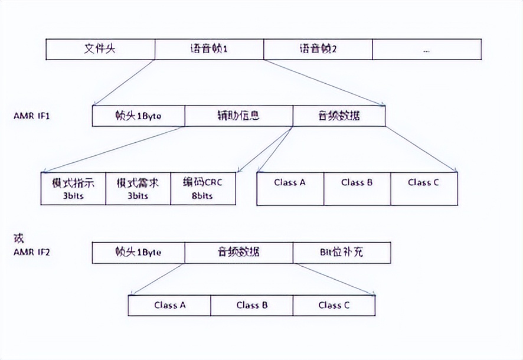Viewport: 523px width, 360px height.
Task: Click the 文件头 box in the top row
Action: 100,49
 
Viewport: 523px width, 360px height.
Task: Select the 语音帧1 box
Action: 209,49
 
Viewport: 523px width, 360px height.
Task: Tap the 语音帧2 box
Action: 318,49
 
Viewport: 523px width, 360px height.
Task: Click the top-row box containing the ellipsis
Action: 427,49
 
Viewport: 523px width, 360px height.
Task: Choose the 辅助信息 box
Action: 238,116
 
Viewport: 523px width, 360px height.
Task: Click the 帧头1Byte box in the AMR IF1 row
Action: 138,116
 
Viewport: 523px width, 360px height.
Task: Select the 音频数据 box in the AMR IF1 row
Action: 339,116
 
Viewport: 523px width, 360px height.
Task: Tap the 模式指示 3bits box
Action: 74,188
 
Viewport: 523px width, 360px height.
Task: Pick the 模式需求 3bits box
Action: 138,188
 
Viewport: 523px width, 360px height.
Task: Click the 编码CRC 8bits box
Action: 202,188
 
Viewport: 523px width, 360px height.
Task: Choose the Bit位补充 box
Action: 341,252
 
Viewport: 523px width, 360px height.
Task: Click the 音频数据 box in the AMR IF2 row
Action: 238,252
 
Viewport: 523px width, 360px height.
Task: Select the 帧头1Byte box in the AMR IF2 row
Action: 138,252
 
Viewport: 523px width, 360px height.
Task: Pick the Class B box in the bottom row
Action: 252,305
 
